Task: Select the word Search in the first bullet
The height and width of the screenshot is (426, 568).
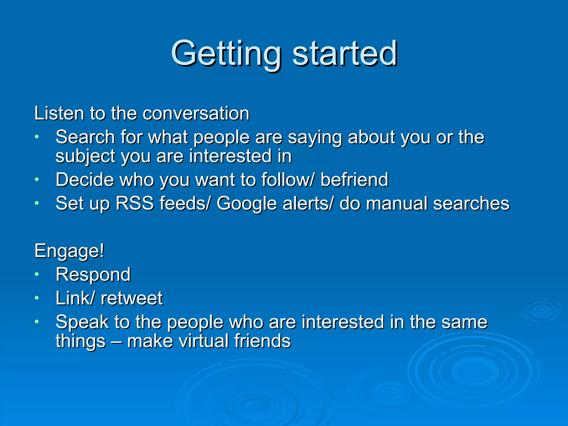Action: pos(85,137)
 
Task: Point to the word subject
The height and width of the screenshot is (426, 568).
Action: pos(85,156)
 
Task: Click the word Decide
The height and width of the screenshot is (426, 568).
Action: pos(85,180)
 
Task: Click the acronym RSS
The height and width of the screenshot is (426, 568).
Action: pos(135,203)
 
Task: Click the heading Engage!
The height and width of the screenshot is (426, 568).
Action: pos(69,251)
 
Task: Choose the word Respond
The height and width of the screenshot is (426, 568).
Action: pos(93,275)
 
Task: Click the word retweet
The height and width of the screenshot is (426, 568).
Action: pos(131,298)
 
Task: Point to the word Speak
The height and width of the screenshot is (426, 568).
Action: pos(82,322)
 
